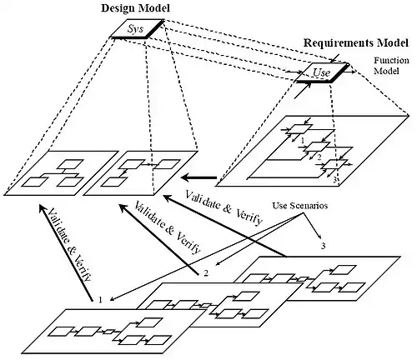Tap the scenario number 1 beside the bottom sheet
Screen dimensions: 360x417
pos(99,297)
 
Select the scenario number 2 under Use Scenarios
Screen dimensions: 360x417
pos(204,272)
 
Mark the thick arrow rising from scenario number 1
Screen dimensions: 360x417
pos(63,250)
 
